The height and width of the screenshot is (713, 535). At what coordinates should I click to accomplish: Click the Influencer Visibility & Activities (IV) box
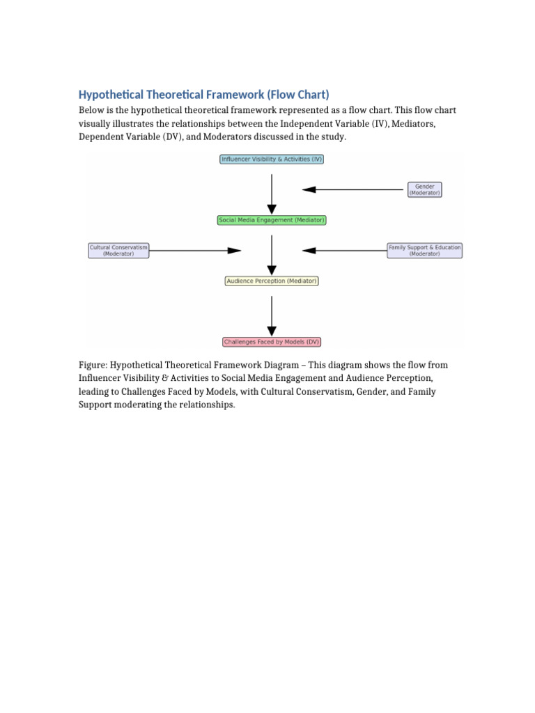point(272,159)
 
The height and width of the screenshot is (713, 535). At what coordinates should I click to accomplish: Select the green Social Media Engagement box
point(272,220)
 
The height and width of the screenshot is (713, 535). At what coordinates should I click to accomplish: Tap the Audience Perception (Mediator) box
point(272,281)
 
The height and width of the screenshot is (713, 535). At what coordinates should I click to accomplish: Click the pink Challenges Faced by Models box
point(272,342)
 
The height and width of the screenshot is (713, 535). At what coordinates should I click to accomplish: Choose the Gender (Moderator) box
point(424,189)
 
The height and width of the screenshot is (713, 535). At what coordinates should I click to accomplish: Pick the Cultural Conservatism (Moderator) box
point(118,250)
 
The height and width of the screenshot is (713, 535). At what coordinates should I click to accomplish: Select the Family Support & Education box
point(424,250)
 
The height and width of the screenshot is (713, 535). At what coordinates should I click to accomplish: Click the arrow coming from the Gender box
point(354,189)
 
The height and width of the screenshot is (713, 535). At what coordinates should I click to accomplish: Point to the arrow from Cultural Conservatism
point(195,250)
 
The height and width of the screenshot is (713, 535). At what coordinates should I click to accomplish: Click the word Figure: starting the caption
point(93,364)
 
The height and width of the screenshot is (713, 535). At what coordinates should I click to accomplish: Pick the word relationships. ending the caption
point(208,405)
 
